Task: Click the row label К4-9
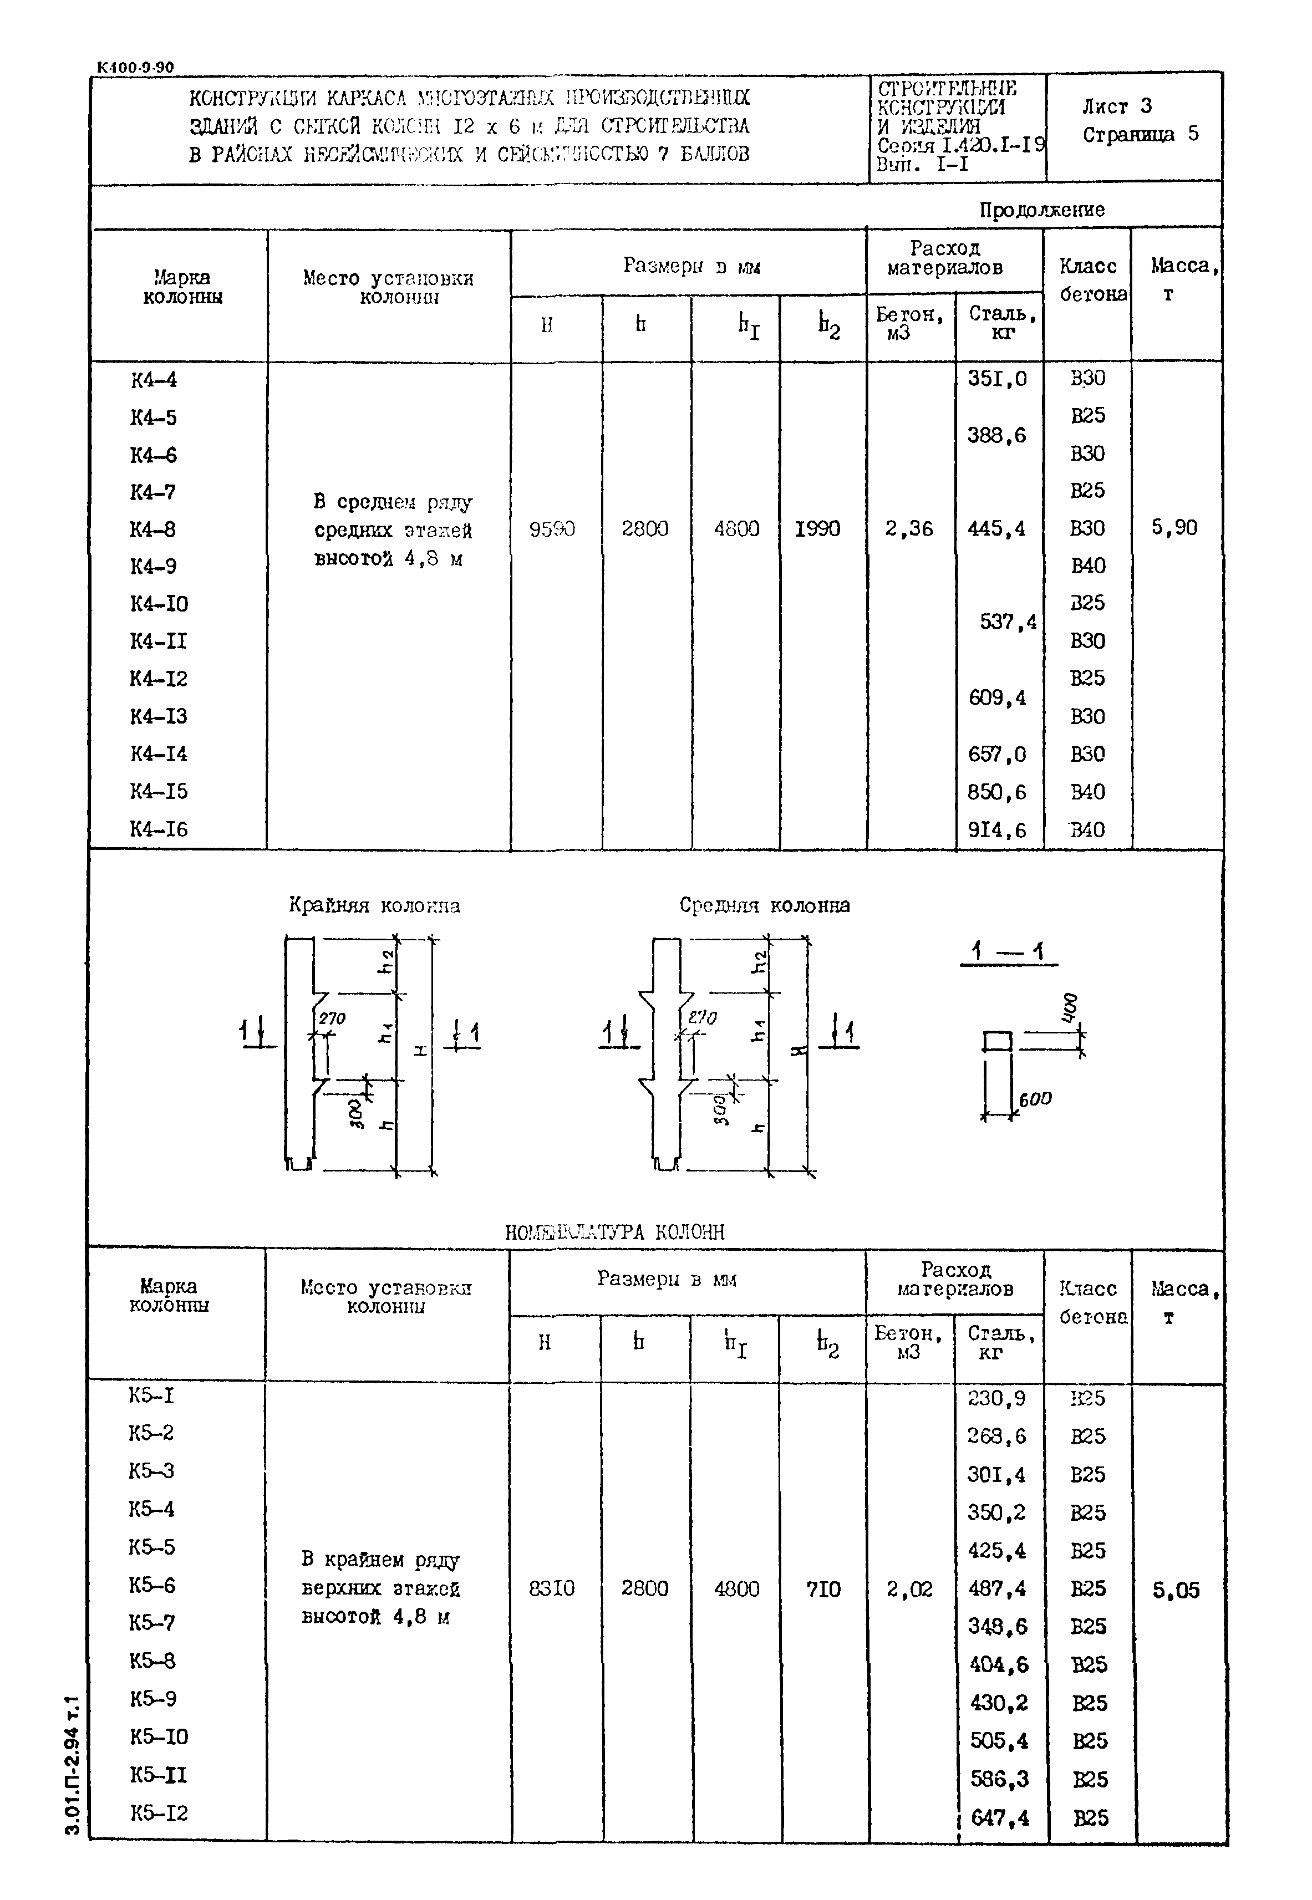153,566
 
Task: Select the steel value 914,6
997,830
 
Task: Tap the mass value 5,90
1174,528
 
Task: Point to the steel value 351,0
997,379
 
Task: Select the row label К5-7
152,1622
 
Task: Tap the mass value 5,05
1176,1590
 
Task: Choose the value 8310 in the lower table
552,1588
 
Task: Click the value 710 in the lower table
823,1588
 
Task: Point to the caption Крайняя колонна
374,905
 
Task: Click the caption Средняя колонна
765,905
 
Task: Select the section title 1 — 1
1007,952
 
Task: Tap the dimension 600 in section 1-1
1034,1099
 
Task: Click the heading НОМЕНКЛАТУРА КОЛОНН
615,1232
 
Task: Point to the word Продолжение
1041,210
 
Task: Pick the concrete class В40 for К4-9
1087,566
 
